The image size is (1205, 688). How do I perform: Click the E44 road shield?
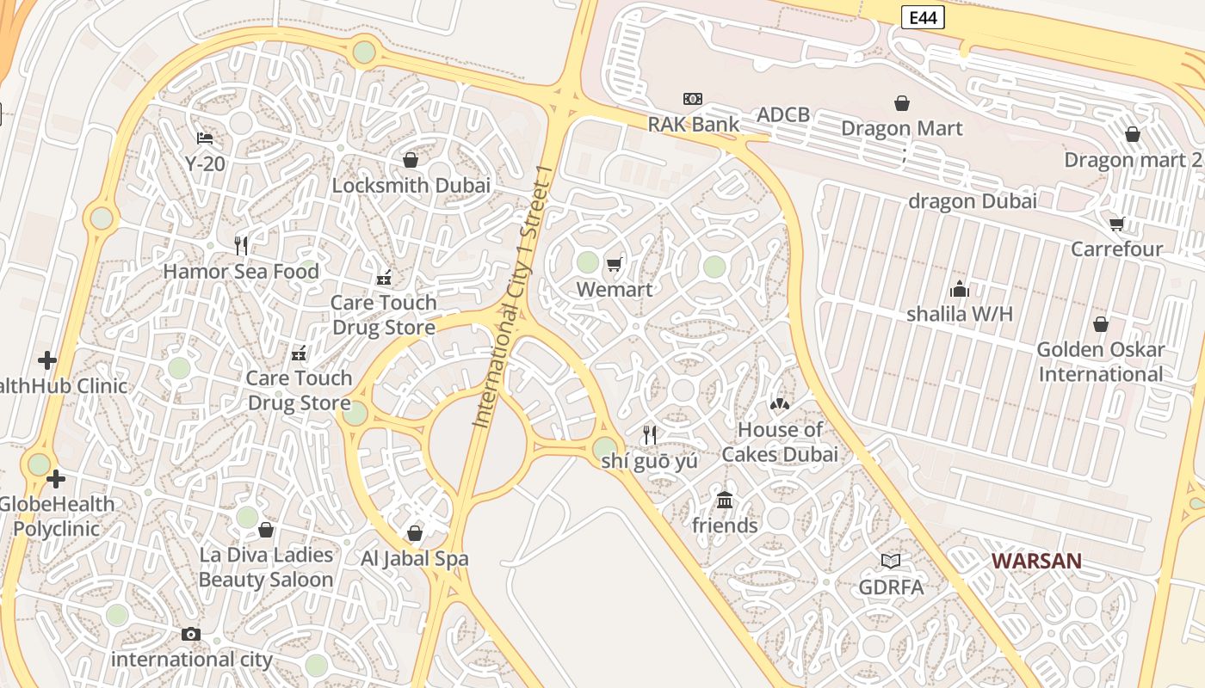[x=923, y=17]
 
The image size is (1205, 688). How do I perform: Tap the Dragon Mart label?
[x=901, y=128]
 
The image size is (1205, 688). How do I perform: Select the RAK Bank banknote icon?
[x=693, y=99]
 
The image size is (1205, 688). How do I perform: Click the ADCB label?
[x=783, y=115]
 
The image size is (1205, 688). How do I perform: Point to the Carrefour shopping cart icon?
[x=1117, y=224]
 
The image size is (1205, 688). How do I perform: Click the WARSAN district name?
[x=1036, y=561]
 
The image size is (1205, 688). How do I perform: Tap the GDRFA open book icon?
[x=891, y=561]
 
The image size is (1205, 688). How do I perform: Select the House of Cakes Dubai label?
[x=780, y=442]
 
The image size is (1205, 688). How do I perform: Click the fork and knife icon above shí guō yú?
[x=650, y=435]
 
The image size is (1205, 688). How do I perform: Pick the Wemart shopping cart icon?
[x=614, y=264]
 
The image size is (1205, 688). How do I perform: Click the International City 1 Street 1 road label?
[x=511, y=297]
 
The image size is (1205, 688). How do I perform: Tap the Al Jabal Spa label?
[x=415, y=558]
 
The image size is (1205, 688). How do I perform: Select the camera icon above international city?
[x=191, y=635]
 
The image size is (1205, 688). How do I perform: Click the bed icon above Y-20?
[x=205, y=138]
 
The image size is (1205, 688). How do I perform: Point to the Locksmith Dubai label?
[x=411, y=185]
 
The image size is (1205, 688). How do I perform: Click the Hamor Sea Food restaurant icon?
[x=241, y=246]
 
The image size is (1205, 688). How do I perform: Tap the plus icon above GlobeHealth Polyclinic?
[x=57, y=478]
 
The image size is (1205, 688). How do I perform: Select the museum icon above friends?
[x=725, y=500]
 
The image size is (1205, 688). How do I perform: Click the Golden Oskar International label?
[x=1100, y=361]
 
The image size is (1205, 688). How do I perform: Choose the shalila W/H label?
[x=959, y=314]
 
